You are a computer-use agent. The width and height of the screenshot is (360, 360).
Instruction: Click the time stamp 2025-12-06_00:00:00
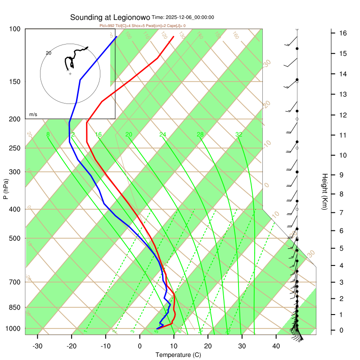pos(189,18)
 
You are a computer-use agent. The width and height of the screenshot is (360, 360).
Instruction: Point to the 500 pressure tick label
pos(14,238)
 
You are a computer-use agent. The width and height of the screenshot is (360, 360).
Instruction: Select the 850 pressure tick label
pos(14,308)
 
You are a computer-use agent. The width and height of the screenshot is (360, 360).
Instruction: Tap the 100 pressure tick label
pos(14,29)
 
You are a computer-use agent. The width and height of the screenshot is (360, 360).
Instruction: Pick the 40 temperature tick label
pos(276,346)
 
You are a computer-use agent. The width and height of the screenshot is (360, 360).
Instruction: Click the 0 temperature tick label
pos(140,346)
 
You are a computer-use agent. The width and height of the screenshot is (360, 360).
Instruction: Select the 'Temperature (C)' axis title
pos(178,355)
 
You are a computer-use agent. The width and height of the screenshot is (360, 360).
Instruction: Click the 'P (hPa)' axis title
pos(5,189)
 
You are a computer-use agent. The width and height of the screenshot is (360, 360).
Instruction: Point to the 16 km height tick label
pos(342,33)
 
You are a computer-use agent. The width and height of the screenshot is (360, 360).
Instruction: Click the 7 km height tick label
pos(342,212)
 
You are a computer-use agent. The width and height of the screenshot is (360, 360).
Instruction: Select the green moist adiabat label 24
pos(163,135)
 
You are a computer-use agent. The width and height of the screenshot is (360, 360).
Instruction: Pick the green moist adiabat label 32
pos(239,135)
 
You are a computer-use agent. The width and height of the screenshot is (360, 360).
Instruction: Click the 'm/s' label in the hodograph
pos(33,115)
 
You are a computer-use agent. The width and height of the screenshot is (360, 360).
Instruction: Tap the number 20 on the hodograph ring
pos(49,53)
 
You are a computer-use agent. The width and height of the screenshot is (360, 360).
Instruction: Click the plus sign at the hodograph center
pos(70,73)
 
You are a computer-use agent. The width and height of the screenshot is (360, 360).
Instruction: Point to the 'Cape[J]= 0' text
pos(175,26)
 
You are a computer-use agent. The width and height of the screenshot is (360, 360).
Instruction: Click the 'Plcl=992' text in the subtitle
pos(108,26)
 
